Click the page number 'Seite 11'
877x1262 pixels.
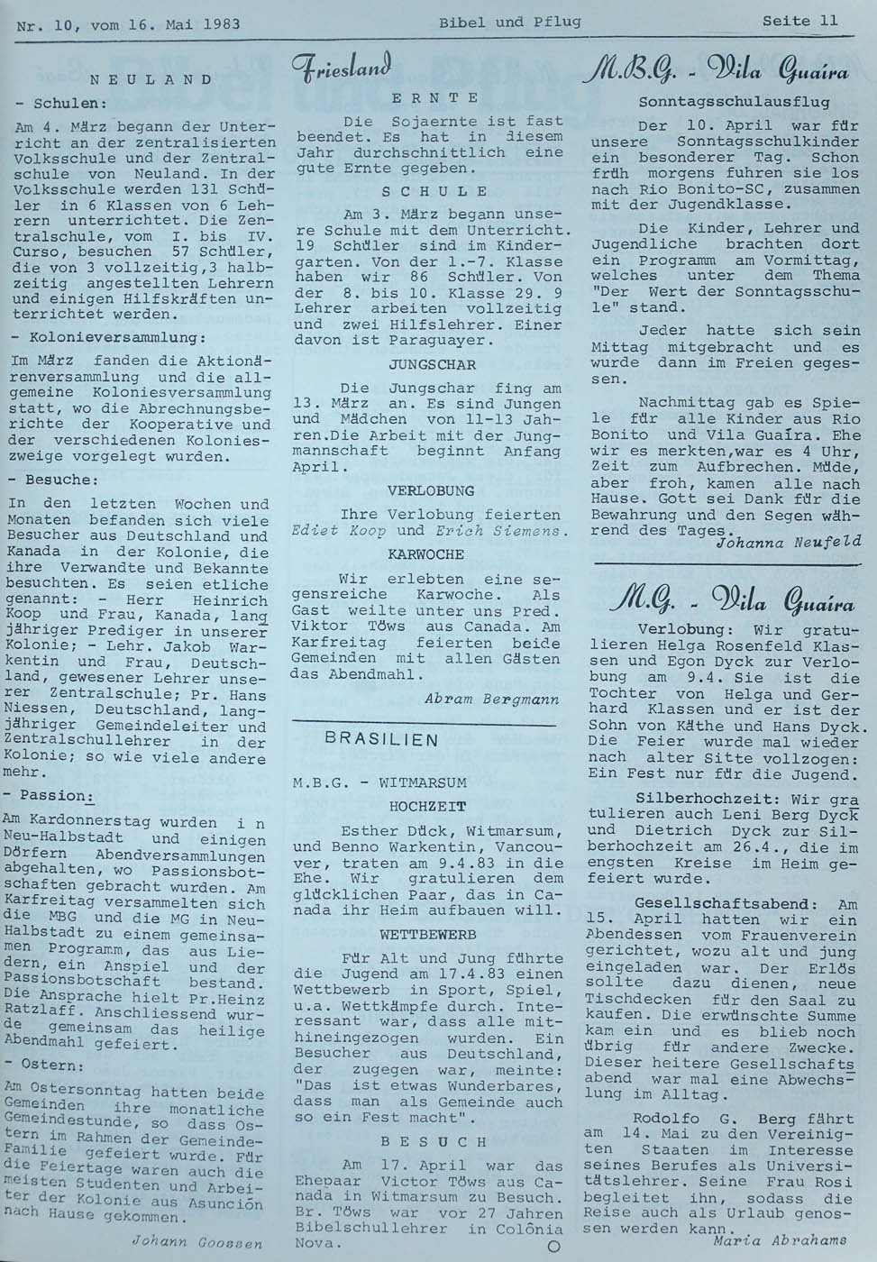click(x=799, y=20)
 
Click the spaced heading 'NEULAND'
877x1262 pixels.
click(x=151, y=79)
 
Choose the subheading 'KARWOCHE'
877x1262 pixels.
click(x=427, y=554)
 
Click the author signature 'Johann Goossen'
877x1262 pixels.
click(x=196, y=1241)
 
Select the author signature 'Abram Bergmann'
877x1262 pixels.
click(x=491, y=699)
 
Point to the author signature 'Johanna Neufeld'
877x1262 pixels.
click(x=782, y=543)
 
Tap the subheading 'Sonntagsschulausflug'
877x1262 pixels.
click(x=734, y=102)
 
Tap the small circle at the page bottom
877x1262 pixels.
click(x=553, y=1247)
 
